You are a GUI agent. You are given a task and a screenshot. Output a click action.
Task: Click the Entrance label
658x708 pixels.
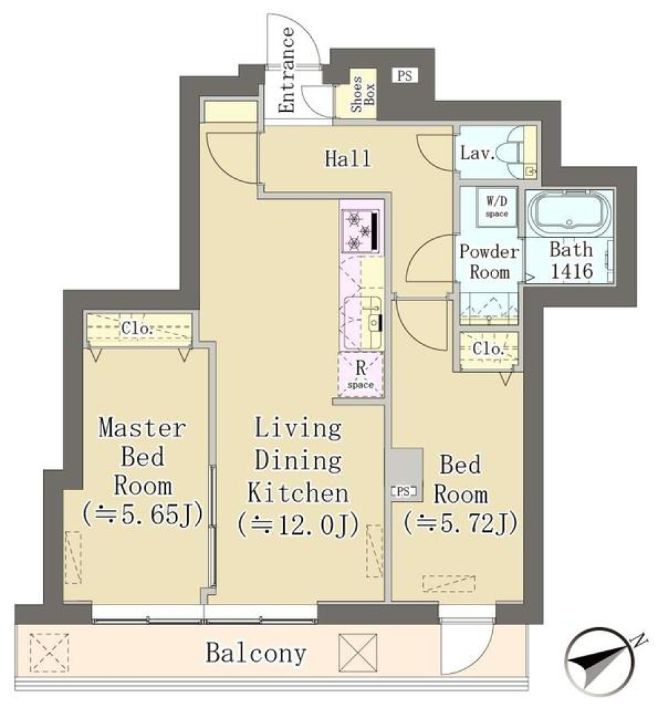(288, 71)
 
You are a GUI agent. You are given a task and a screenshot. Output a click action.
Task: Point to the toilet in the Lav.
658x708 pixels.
(511, 153)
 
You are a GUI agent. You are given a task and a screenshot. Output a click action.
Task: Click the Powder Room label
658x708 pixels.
(489, 261)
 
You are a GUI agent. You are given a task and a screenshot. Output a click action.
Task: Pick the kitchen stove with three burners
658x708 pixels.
(360, 230)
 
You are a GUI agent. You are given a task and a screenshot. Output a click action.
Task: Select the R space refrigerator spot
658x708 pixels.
(361, 374)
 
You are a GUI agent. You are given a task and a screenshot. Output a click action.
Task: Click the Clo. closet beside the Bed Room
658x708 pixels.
(489, 350)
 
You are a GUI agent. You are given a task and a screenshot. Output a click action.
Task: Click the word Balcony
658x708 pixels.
(256, 653)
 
